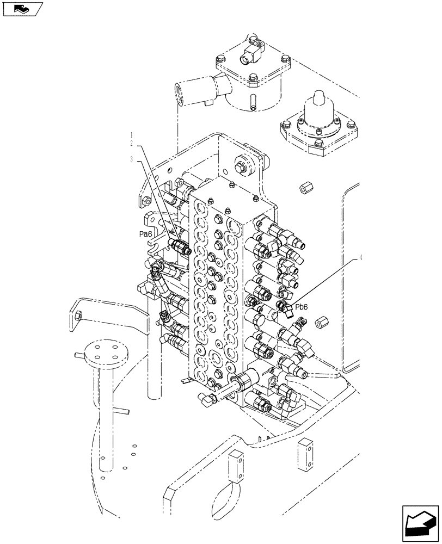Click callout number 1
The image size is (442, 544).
coord(131,134)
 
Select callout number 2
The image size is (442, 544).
coord(131,143)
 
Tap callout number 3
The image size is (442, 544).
coord(131,159)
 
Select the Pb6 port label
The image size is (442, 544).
coord(302,307)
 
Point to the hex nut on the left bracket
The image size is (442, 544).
coord(79,314)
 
